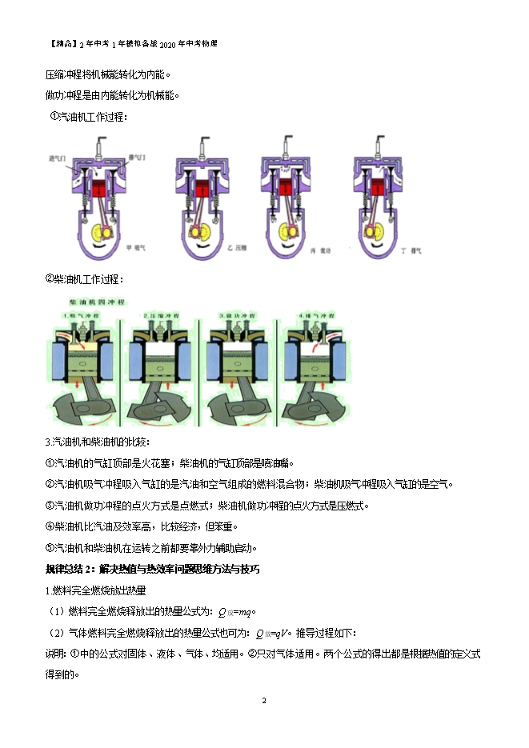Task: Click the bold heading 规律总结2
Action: click(x=153, y=570)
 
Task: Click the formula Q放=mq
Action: click(x=235, y=613)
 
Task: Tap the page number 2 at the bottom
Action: click(x=264, y=701)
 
